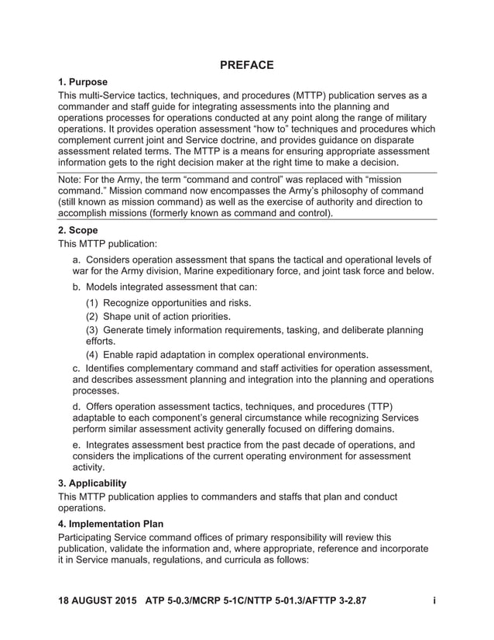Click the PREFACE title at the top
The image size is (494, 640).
(246, 65)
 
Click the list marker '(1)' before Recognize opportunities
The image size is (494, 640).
(92, 302)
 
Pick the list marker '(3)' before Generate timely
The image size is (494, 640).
(92, 330)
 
